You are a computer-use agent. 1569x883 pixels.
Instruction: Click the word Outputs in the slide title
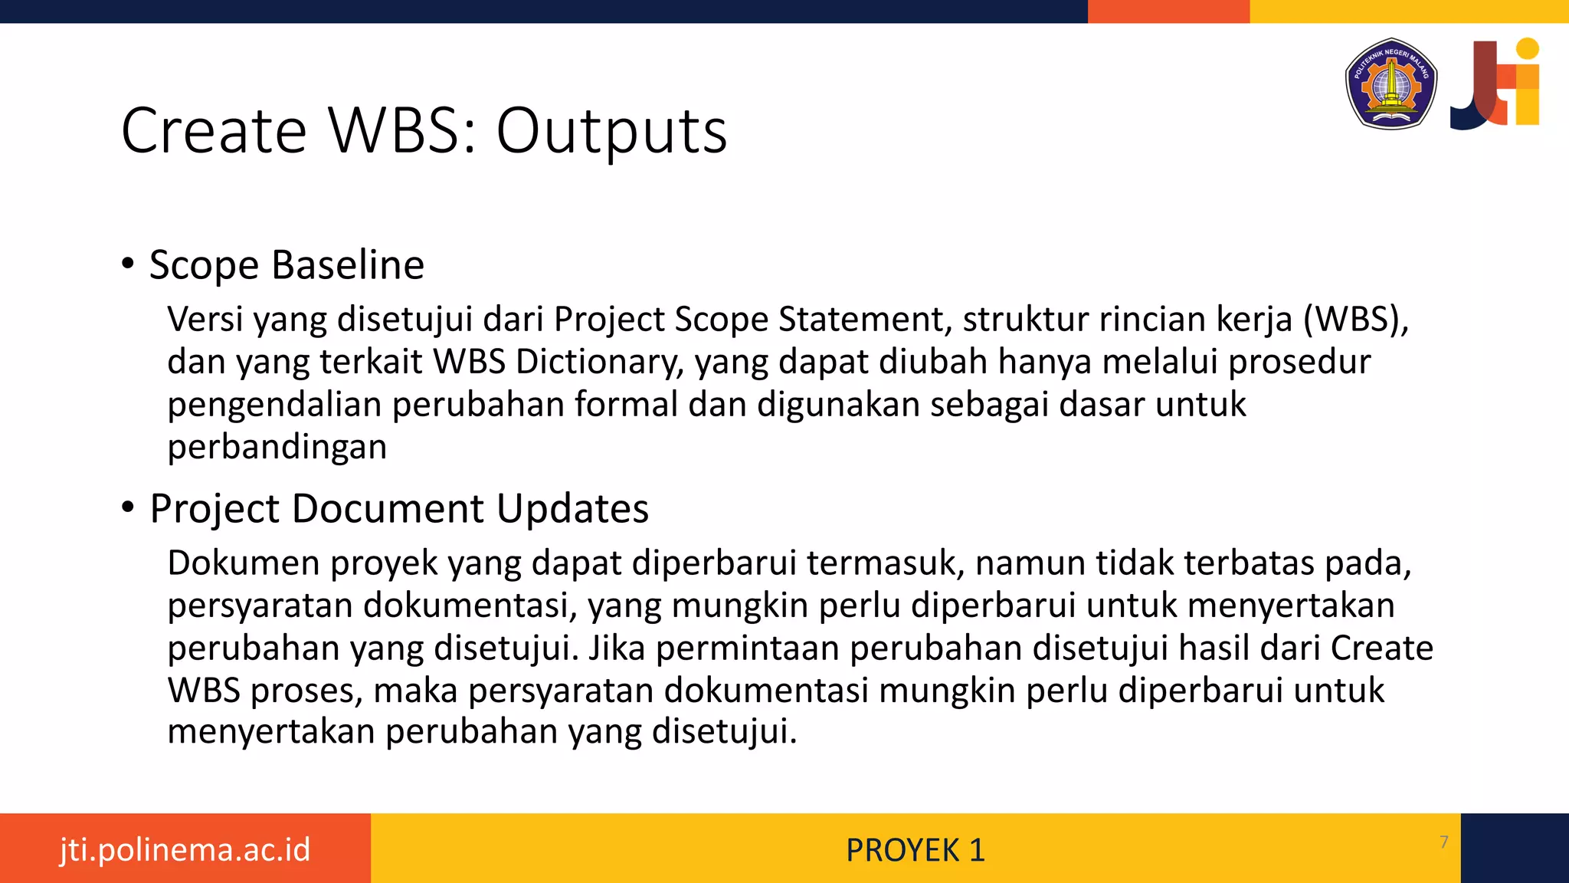(x=611, y=131)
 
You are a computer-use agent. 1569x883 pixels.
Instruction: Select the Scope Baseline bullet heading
(x=287, y=265)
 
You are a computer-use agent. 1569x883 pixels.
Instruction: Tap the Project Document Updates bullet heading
(x=399, y=509)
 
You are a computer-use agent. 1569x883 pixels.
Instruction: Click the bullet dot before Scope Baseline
(x=128, y=264)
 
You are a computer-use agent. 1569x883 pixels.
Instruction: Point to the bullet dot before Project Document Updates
(x=128, y=507)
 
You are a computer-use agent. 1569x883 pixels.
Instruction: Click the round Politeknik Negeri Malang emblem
(x=1390, y=84)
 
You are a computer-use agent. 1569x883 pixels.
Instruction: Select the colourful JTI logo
(x=1495, y=84)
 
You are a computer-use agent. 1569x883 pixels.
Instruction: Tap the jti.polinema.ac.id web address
(x=185, y=849)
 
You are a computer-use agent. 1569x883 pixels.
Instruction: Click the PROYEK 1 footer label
(x=915, y=850)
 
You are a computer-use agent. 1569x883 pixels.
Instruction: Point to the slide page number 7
(x=1444, y=842)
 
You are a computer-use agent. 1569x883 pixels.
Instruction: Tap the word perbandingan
(x=277, y=447)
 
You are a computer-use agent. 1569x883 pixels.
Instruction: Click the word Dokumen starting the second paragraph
(x=244, y=563)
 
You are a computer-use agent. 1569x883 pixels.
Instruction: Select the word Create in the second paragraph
(x=1381, y=648)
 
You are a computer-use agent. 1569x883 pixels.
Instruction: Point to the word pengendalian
(x=274, y=405)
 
